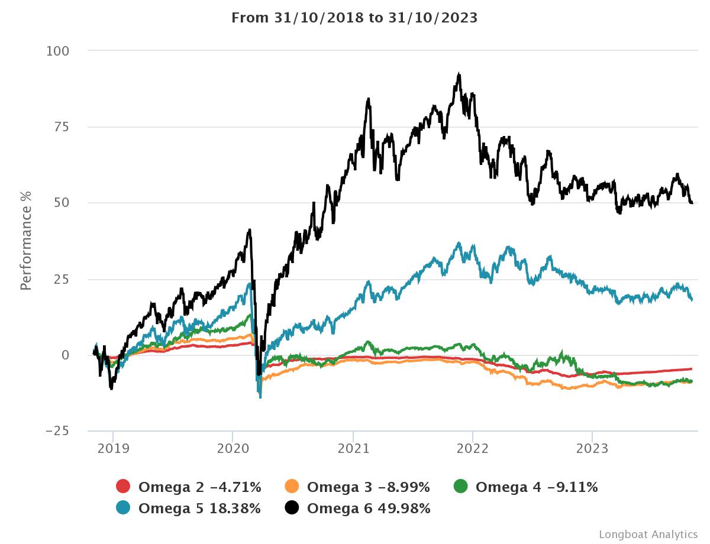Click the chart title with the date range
click(x=354, y=18)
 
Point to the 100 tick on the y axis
click(x=58, y=51)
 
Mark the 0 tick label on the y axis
click(x=65, y=355)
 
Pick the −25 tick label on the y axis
click(x=57, y=430)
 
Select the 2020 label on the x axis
click(x=233, y=448)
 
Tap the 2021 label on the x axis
click(x=353, y=448)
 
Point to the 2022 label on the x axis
click(x=472, y=448)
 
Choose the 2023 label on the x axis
click(x=592, y=448)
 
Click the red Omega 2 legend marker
click(x=123, y=487)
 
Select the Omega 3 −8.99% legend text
click(x=368, y=487)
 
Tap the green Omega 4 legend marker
click(x=460, y=487)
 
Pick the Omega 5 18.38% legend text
click(x=199, y=508)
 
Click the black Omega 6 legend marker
click(x=292, y=507)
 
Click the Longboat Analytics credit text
click(x=648, y=534)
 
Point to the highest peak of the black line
click(x=459, y=75)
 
